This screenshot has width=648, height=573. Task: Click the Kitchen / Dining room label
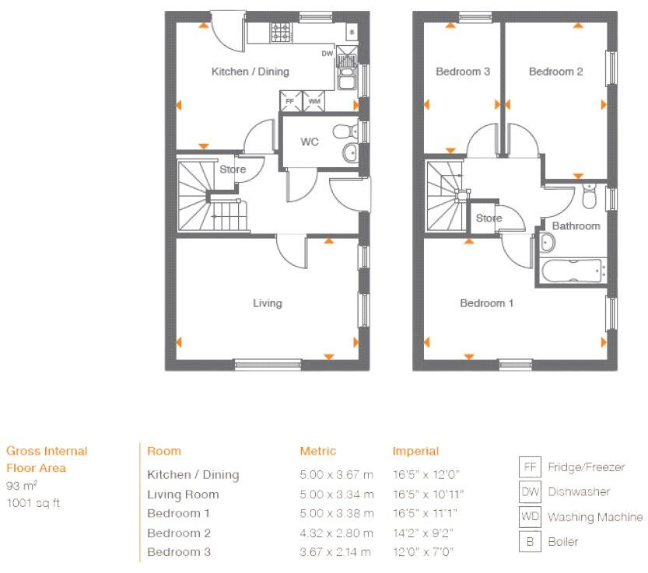[250, 72]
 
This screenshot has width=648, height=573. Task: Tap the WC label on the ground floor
[310, 142]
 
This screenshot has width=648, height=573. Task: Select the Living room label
[267, 303]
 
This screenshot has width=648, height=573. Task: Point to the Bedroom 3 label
[462, 72]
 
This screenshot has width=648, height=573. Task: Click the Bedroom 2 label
[555, 72]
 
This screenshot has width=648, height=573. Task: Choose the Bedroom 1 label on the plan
[486, 303]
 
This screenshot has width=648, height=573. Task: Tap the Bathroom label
[576, 225]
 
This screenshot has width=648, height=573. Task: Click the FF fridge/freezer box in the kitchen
[290, 101]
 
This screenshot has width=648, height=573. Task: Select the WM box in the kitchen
[314, 101]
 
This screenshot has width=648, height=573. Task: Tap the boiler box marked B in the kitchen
[352, 32]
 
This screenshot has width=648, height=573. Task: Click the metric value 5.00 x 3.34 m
[336, 494]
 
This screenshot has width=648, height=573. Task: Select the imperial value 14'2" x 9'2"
[422, 533]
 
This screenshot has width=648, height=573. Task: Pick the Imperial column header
[415, 451]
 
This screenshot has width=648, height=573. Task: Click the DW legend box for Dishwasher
[530, 491]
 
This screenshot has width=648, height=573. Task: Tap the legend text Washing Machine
[595, 517]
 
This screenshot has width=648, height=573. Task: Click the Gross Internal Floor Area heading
[47, 459]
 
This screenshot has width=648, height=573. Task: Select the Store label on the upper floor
[489, 218]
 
